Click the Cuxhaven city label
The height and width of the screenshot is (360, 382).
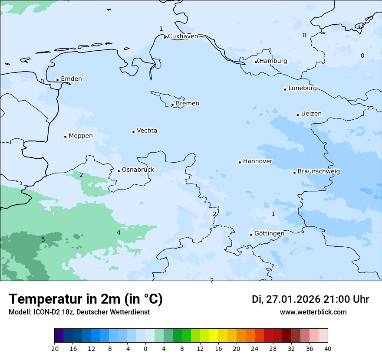(x=183, y=36)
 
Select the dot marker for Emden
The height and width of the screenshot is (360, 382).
(x=57, y=80)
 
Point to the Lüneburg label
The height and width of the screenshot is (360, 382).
(x=303, y=88)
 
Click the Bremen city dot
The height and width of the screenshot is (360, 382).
(x=172, y=105)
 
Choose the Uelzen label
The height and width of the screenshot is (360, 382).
(x=311, y=114)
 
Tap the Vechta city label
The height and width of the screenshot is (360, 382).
(x=147, y=131)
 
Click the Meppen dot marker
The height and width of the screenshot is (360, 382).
(x=65, y=137)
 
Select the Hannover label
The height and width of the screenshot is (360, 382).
(x=257, y=161)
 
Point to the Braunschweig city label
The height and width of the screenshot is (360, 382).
(x=319, y=172)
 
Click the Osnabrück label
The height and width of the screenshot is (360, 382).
(x=138, y=170)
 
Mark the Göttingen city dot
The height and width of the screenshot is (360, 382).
(x=251, y=235)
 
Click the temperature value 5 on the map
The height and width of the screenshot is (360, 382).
(x=43, y=240)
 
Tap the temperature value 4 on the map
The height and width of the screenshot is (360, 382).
(x=119, y=233)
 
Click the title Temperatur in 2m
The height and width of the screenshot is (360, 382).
(x=86, y=299)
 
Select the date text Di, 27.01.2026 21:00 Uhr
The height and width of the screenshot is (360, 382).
(x=310, y=299)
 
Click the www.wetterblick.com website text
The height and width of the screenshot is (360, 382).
(x=313, y=312)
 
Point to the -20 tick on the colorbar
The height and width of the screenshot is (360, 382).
(x=54, y=348)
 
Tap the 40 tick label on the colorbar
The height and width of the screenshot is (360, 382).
(x=328, y=348)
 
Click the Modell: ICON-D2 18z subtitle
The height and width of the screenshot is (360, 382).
(x=79, y=312)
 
